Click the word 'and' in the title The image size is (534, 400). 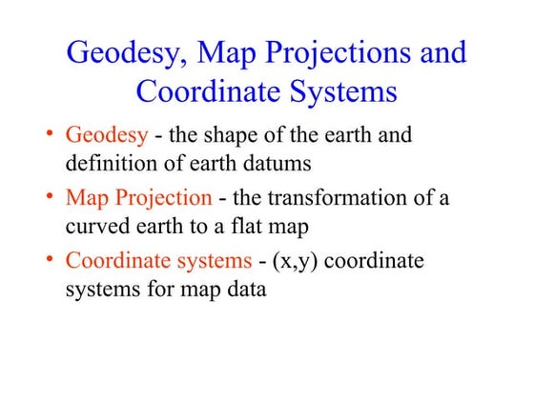coord(441,51)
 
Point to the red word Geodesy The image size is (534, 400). coord(106,135)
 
